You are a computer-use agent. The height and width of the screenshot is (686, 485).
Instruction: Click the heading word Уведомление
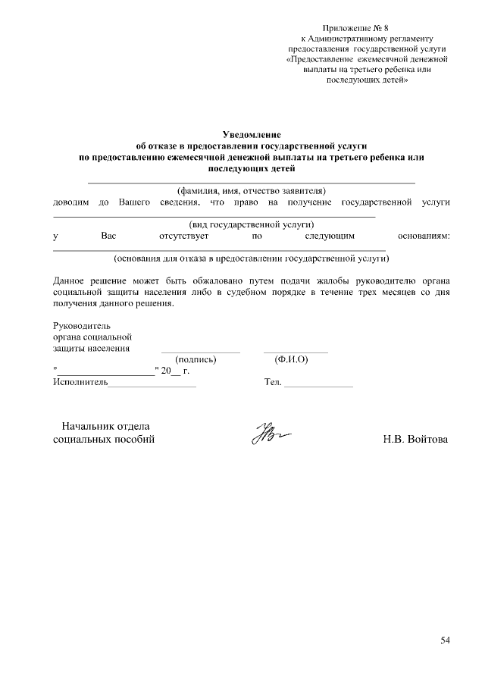click(x=251, y=133)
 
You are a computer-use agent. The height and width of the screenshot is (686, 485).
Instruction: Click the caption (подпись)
click(x=196, y=360)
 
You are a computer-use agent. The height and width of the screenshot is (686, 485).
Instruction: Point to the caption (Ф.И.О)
click(x=291, y=360)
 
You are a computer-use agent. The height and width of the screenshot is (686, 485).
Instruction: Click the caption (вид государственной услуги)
click(x=251, y=225)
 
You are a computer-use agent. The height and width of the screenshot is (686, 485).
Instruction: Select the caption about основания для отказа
click(x=251, y=258)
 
